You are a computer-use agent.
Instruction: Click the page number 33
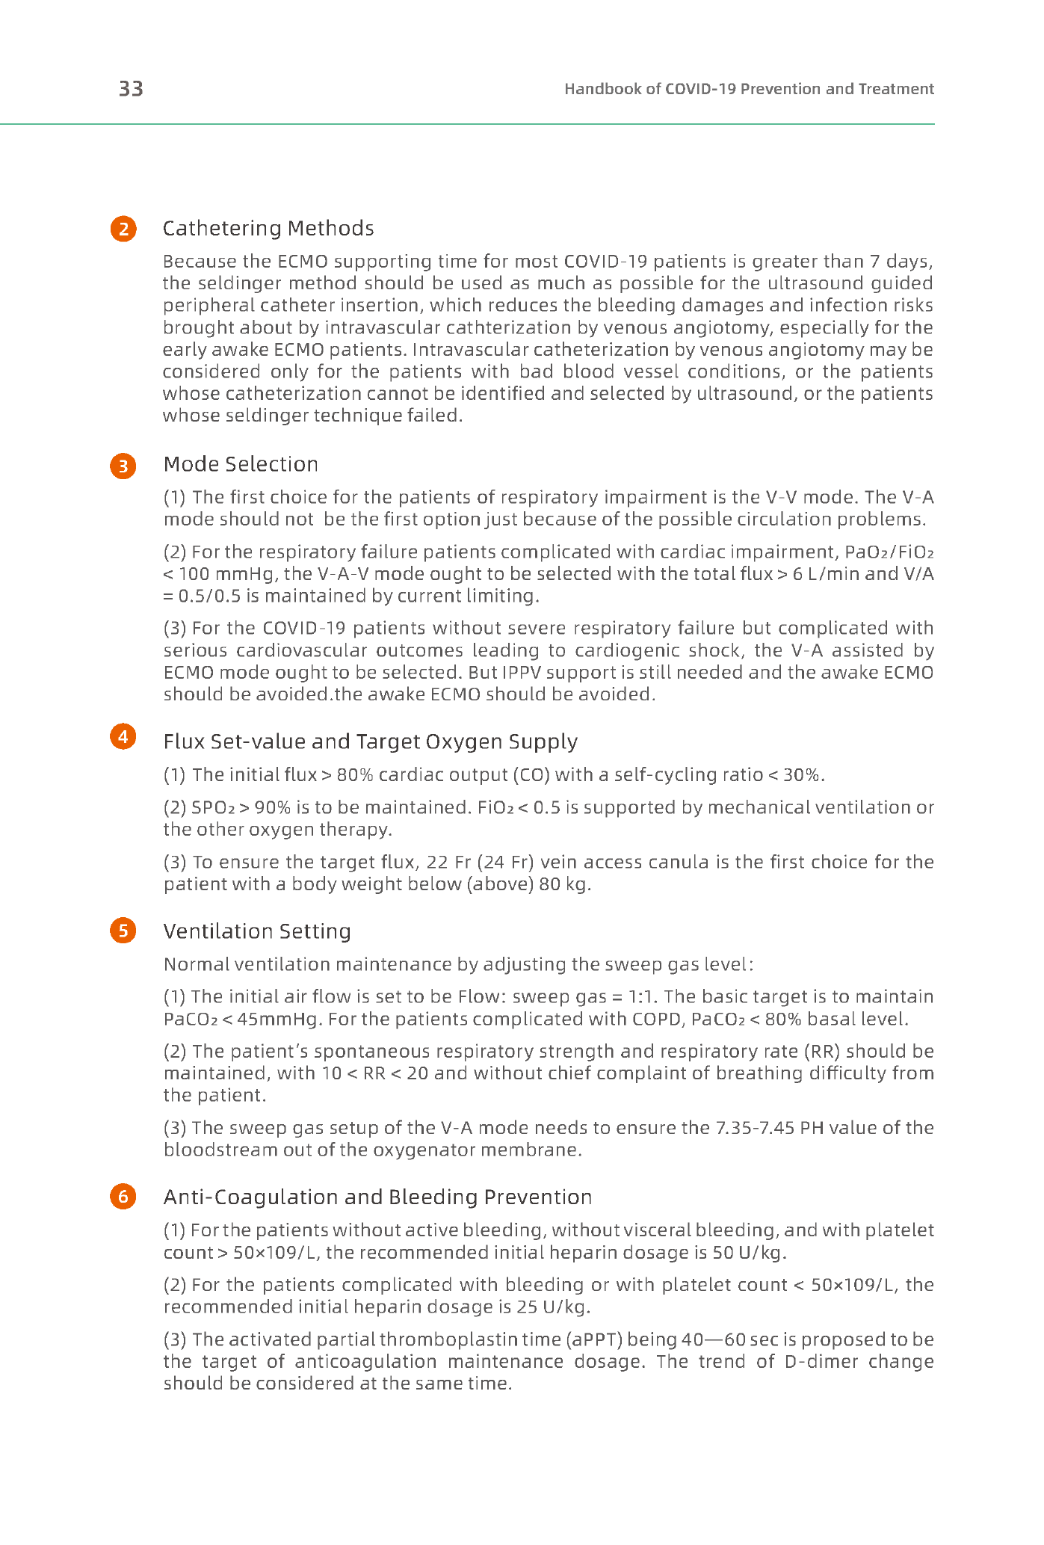pyautogui.click(x=131, y=89)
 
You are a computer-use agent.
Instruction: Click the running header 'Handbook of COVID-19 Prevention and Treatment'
pyautogui.click(x=749, y=89)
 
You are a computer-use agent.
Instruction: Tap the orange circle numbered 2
pyautogui.click(x=123, y=229)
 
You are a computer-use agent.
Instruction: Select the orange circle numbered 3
pyautogui.click(x=123, y=466)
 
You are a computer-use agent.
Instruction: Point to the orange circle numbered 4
pyautogui.click(x=123, y=737)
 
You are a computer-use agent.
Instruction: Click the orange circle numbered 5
pyautogui.click(x=123, y=931)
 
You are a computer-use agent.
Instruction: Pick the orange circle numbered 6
pyautogui.click(x=123, y=1197)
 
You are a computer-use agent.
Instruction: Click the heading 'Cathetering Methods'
pyautogui.click(x=268, y=228)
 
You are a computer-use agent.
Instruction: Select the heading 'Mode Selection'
pyautogui.click(x=241, y=464)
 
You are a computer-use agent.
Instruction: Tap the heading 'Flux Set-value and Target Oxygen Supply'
pyautogui.click(x=370, y=741)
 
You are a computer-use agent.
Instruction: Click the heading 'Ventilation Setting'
pyautogui.click(x=257, y=931)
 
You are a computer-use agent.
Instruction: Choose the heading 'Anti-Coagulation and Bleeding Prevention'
pyautogui.click(x=377, y=1197)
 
